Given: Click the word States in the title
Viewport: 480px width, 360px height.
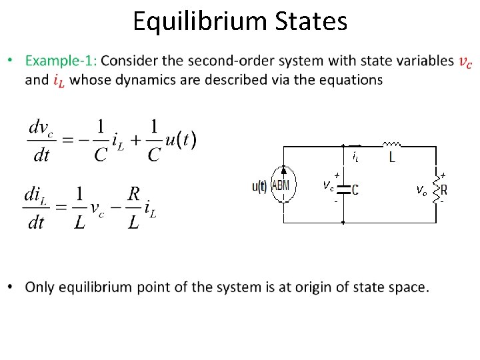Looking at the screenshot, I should (x=311, y=21).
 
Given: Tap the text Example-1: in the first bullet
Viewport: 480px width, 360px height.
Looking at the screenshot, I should (x=61, y=61).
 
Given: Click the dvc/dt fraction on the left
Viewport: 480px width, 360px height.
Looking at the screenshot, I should (x=41, y=140).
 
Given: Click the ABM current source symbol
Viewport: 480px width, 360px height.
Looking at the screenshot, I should (x=283, y=187).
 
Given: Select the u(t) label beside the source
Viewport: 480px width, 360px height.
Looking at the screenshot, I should (x=259, y=187).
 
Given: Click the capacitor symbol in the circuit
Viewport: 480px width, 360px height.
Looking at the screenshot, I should (x=343, y=189).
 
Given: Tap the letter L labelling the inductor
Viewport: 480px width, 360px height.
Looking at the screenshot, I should (x=391, y=158).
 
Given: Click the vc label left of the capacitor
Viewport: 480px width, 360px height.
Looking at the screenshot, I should (x=328, y=185).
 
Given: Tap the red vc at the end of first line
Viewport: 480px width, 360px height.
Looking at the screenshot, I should (x=465, y=61).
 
